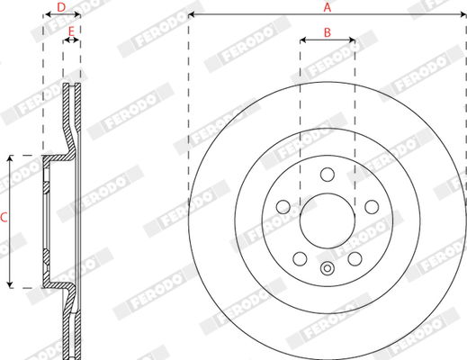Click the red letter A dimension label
[328, 7]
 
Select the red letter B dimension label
[328, 32]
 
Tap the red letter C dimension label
[4, 218]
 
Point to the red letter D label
[61, 7]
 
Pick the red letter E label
[71, 31]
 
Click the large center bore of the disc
[328, 220]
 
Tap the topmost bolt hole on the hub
[328, 175]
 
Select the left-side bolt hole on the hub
[283, 207]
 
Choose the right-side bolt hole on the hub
[372, 207]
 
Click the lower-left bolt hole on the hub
[300, 258]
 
